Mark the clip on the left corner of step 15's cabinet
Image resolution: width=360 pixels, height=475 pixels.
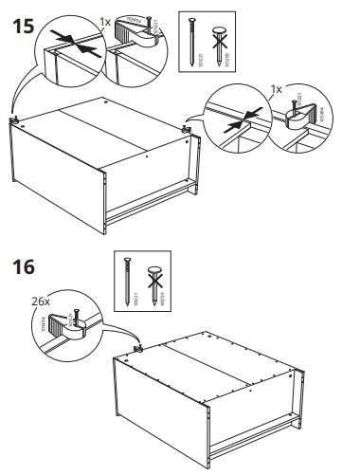[x=18, y=119]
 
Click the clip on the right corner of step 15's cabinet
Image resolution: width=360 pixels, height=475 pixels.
[x=189, y=128]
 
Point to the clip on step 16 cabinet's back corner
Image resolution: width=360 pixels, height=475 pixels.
[x=137, y=348]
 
